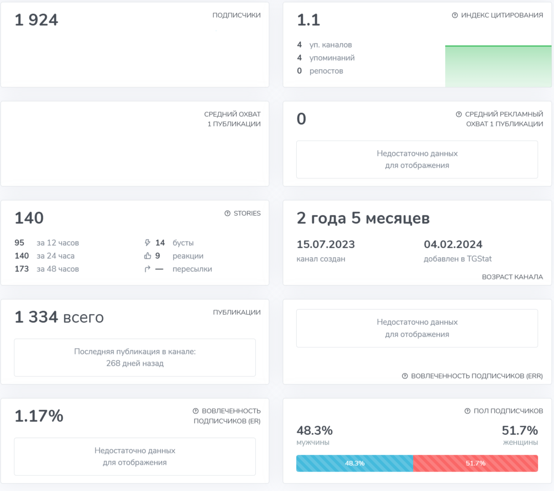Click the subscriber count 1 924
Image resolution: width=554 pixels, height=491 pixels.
(36, 20)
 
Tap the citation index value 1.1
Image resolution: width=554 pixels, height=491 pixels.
(308, 20)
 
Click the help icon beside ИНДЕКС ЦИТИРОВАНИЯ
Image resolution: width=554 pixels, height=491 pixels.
(455, 15)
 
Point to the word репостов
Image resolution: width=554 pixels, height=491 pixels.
(326, 71)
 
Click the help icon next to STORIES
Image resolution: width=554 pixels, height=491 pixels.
(227, 213)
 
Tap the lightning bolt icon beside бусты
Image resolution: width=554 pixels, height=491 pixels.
(147, 243)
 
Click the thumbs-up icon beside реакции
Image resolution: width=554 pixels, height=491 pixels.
(147, 256)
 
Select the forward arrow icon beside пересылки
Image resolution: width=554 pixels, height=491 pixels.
(147, 269)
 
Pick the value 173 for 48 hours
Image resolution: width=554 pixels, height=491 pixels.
(22, 269)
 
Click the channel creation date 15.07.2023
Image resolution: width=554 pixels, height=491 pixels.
(326, 244)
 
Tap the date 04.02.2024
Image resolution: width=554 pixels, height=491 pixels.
(453, 244)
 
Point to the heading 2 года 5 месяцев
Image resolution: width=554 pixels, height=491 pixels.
(363, 218)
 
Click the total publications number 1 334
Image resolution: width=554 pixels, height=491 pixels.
(36, 317)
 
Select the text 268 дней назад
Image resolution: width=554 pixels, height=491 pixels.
(135, 363)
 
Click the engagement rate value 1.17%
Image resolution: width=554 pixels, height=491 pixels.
(39, 416)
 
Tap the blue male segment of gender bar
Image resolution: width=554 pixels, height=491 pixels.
(354, 463)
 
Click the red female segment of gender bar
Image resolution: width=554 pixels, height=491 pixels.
(476, 463)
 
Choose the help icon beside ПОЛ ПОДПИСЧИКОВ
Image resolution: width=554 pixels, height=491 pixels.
(468, 411)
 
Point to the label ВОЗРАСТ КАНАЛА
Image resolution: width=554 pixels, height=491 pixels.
(512, 277)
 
